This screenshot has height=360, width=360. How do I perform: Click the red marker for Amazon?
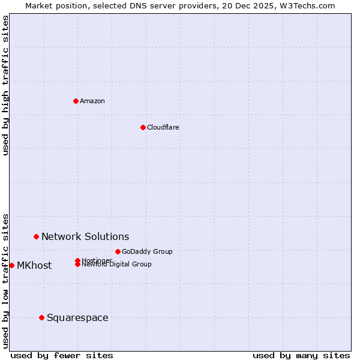tap(76, 101)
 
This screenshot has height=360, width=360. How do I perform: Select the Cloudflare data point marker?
tap(143, 127)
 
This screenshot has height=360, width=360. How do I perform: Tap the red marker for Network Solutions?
tap(36, 237)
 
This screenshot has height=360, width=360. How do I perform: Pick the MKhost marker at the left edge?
tap(11, 265)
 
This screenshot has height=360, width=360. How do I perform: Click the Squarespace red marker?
tap(41, 317)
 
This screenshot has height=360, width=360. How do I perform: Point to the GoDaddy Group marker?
tap(118, 251)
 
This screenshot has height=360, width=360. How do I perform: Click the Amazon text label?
tap(92, 101)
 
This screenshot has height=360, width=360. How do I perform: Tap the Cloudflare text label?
tap(163, 127)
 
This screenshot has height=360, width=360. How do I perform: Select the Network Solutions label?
tap(85, 237)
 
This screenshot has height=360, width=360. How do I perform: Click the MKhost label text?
tap(34, 266)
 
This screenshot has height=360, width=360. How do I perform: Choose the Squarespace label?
tap(77, 318)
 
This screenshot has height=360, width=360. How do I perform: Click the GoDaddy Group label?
tap(147, 251)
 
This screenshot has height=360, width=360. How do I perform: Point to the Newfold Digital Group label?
tap(117, 265)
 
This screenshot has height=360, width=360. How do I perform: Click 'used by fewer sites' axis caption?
tap(62, 355)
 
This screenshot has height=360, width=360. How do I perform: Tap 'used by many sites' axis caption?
tap(301, 355)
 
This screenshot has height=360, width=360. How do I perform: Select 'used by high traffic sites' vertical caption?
tap(5, 85)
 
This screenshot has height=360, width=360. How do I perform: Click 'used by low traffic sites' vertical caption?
tap(5, 280)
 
